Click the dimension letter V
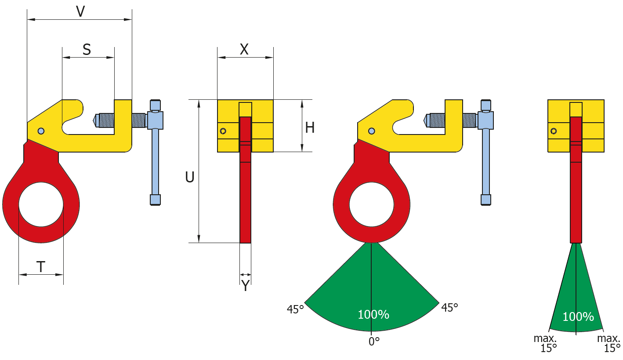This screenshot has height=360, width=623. coord(80,11)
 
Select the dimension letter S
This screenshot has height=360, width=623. coord(87,50)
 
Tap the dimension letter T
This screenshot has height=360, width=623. coord(40,267)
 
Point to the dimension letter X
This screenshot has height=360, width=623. coord(244,50)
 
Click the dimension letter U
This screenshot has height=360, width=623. coord(190,177)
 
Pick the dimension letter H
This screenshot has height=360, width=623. coord(310,127)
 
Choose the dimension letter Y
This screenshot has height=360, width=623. coord(246,286)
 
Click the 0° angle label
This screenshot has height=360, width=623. coord(374,342)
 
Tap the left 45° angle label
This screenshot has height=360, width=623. coord(295,309)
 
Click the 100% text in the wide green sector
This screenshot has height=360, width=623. coord(373,315)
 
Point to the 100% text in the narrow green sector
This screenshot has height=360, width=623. coord(578,317)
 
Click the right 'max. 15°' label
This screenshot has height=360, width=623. coord(609,343)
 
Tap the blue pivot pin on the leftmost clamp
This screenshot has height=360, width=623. coord(41,131)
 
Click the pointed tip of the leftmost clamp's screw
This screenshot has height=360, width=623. coord(95,120)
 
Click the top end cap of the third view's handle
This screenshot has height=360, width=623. coord(485,105)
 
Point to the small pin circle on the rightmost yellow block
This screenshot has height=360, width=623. coord(554,131)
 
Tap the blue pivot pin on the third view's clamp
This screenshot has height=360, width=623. coord(372,131)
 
